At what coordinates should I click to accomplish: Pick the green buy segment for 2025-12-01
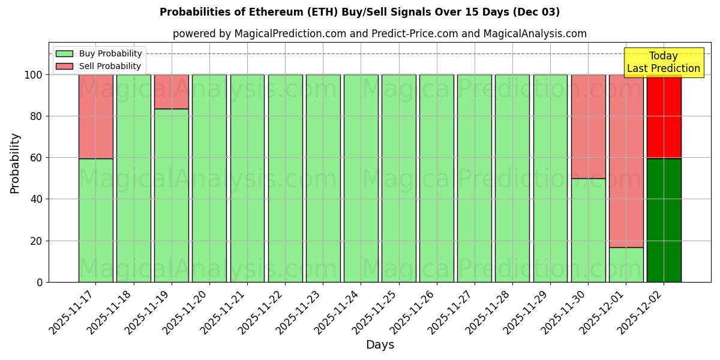pyautogui.click(x=626, y=265)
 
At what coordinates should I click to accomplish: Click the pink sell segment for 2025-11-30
pyautogui.click(x=588, y=127)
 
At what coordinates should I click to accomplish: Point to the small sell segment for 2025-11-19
pyautogui.click(x=171, y=92)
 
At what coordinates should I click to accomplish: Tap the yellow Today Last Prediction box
pyautogui.click(x=663, y=62)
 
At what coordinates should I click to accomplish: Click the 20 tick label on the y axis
pyautogui.click(x=35, y=241)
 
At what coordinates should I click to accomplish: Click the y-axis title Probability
pyautogui.click(x=15, y=163)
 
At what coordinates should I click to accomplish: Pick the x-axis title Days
pyautogui.click(x=380, y=345)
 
